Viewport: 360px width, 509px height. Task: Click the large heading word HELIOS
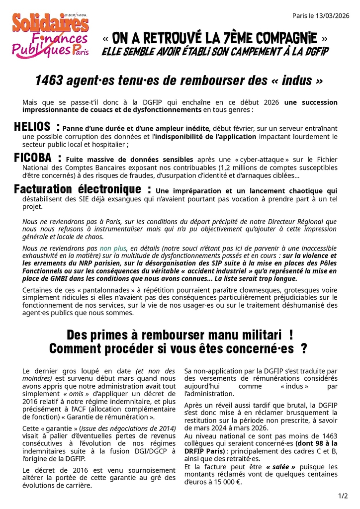coord(32,127)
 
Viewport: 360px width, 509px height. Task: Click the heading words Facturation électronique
coord(78,189)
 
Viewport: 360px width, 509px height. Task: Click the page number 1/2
coord(343,496)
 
